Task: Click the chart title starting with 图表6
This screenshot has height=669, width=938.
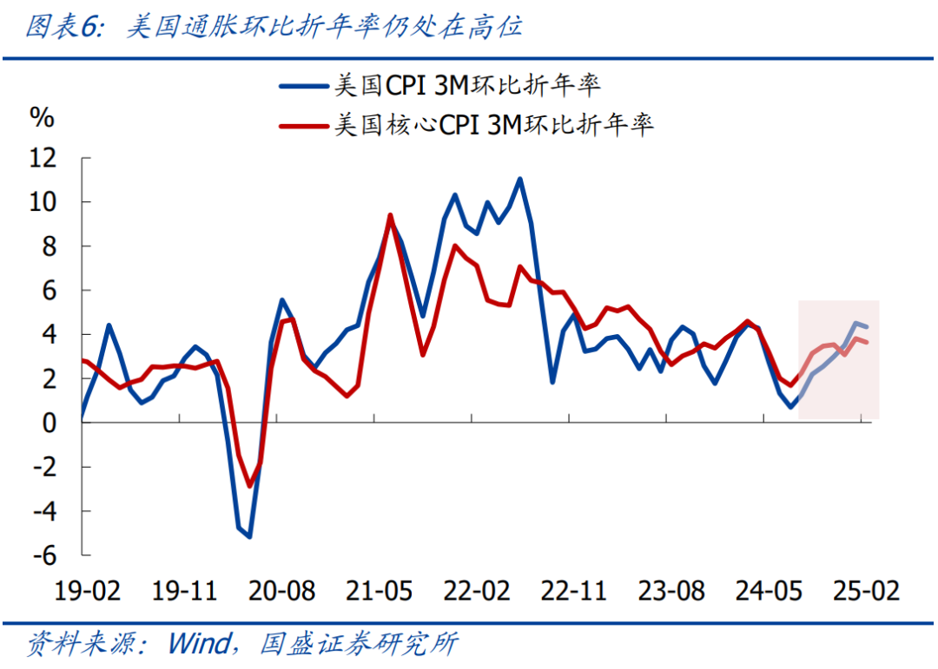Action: [x=274, y=28]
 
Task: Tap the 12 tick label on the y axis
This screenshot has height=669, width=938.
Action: [x=42, y=159]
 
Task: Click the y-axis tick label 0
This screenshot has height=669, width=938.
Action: [x=49, y=423]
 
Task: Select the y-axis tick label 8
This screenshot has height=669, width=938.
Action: [x=49, y=246]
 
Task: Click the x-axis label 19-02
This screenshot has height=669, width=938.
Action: [x=87, y=592]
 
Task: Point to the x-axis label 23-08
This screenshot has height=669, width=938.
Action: [x=670, y=592]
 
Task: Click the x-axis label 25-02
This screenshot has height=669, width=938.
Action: [x=865, y=592]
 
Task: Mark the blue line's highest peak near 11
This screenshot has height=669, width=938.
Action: [x=519, y=180]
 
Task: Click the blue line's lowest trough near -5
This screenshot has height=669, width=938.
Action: [x=249, y=536]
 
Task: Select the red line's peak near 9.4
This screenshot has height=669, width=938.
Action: [x=390, y=215]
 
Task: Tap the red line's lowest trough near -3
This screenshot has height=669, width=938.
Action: [x=249, y=485]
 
